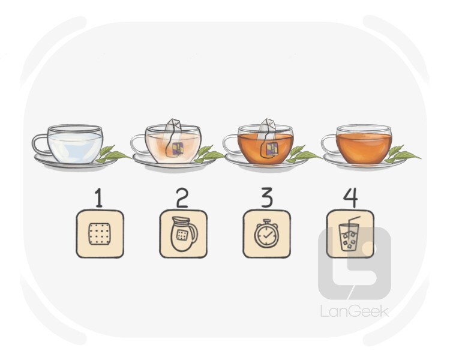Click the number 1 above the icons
(99, 197)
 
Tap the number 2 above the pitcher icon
(182, 197)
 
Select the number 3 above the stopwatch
(266, 197)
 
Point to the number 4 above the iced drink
(350, 197)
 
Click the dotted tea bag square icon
(100, 234)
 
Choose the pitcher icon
(184, 234)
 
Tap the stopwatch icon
(266, 233)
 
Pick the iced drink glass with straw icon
(349, 234)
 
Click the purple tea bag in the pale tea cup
(177, 149)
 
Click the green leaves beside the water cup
(113, 154)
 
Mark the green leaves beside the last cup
(403, 154)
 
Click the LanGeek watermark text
(355, 311)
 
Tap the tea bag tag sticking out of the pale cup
(173, 125)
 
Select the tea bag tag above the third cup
(268, 125)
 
